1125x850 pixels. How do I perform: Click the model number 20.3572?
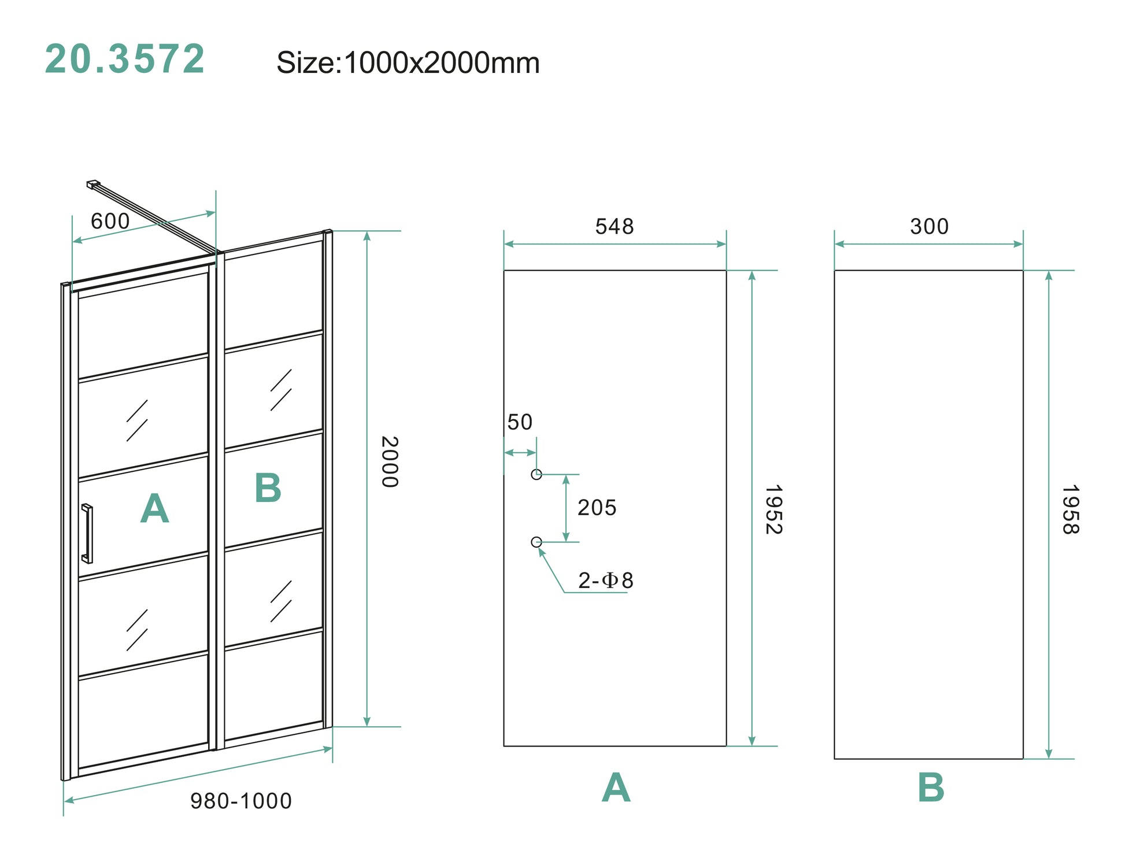(125, 59)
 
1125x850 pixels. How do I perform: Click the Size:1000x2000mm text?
(408, 62)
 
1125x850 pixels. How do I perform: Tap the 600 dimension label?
(110, 221)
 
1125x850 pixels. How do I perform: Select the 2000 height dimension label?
(390, 461)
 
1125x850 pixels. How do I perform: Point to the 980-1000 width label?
(241, 801)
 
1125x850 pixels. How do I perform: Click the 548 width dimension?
(615, 227)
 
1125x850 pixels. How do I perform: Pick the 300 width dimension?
(929, 227)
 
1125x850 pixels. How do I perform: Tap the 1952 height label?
(774, 509)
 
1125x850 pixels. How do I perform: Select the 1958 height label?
(1070, 509)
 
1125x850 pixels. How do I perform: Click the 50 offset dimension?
(520, 422)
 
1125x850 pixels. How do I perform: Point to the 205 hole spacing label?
(597, 508)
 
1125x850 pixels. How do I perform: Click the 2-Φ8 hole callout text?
(605, 581)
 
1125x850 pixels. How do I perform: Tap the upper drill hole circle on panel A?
(536, 475)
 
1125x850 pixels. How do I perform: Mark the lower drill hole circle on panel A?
(536, 542)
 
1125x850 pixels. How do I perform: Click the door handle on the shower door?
(87, 534)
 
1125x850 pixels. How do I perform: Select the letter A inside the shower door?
(154, 509)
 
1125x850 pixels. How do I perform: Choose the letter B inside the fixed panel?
(268, 488)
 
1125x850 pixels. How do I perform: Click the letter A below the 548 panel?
(616, 788)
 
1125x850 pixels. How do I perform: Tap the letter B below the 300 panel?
(931, 788)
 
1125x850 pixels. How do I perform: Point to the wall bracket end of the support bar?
(92, 184)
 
